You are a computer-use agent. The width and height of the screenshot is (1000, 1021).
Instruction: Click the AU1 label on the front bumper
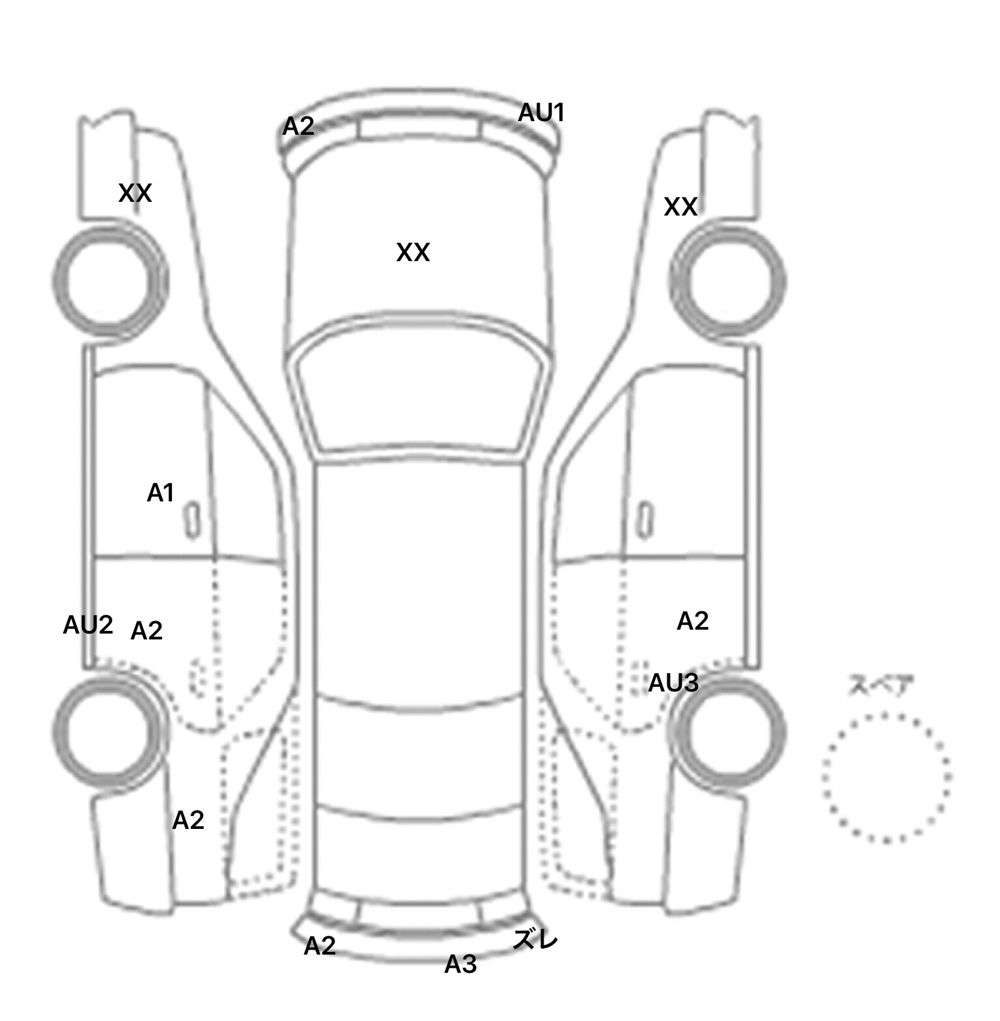click(x=540, y=113)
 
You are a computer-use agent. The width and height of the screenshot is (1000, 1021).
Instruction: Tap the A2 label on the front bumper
click(x=298, y=126)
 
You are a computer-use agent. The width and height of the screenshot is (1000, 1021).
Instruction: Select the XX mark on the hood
click(x=413, y=253)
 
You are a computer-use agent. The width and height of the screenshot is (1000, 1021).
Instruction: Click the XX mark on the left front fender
click(x=135, y=193)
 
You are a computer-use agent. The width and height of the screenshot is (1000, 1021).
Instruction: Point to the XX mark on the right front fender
click(x=680, y=207)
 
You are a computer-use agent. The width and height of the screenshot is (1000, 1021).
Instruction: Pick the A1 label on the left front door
click(x=160, y=493)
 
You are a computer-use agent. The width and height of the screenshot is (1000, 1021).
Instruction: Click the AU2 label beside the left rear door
click(x=88, y=625)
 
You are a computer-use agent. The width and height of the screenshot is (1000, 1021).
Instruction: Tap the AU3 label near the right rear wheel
click(x=673, y=683)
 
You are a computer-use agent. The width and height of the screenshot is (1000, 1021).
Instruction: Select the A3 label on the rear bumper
click(x=460, y=964)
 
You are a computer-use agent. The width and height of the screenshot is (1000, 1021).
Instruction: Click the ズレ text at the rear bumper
click(x=535, y=940)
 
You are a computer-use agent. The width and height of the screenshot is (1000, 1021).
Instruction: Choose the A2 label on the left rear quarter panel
click(x=188, y=820)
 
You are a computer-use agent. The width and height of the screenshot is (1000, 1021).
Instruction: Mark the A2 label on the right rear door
click(x=692, y=621)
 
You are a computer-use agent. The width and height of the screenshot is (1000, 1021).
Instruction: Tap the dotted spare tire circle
click(x=887, y=777)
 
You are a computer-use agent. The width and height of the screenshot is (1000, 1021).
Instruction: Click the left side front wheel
click(x=109, y=281)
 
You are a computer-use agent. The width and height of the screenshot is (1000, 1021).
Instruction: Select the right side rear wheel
click(x=728, y=732)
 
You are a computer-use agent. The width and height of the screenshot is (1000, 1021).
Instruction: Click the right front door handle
click(x=645, y=520)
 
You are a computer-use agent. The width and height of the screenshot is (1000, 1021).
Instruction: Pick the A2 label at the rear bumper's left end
click(x=320, y=945)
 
